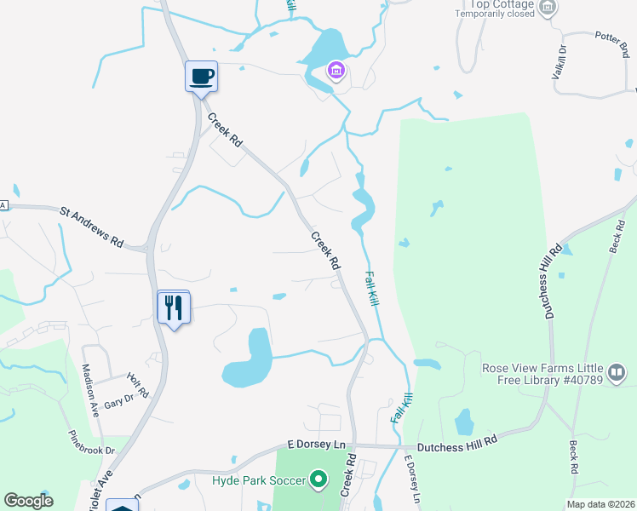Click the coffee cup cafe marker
(202, 77)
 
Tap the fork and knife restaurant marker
(174, 307)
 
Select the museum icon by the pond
(336, 69)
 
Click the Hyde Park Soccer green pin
(318, 480)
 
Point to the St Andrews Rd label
(91, 226)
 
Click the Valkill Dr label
(560, 64)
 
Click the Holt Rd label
(138, 384)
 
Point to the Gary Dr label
(118, 399)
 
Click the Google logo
(28, 501)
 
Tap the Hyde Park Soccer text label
(257, 481)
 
